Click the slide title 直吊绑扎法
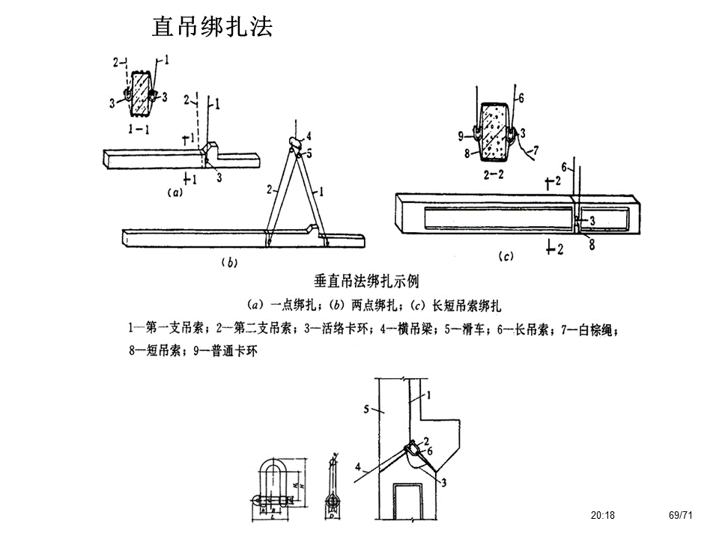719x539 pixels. point(212,26)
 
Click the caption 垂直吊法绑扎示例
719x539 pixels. point(366,281)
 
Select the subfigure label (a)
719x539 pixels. point(174,192)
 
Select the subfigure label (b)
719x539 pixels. point(227,262)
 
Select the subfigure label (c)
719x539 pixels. point(506,257)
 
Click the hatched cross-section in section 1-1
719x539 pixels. point(140,94)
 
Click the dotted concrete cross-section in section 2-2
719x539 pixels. point(495,130)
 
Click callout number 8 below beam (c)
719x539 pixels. point(592,243)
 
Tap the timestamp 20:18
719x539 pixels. point(602,515)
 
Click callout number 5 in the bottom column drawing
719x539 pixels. point(366,409)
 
